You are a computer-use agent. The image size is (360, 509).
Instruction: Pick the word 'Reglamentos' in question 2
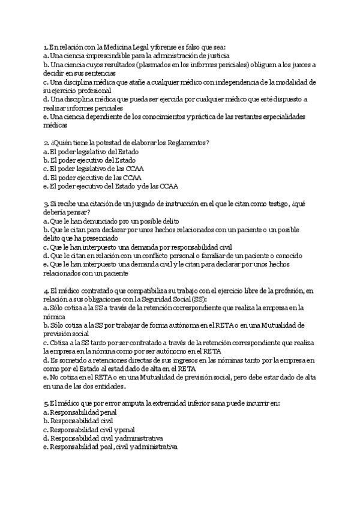click(x=184, y=142)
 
